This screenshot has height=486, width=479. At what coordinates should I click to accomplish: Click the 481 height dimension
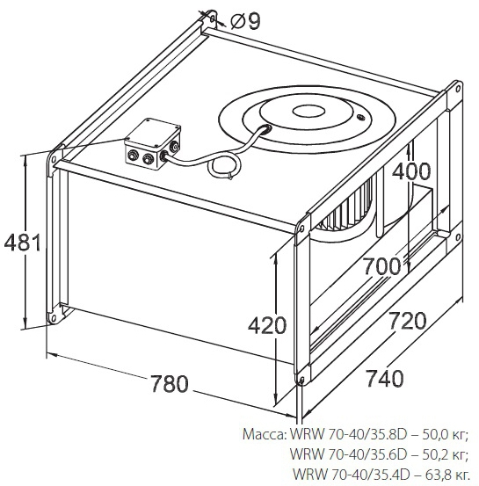click(22, 243)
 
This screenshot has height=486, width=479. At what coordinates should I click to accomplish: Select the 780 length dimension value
click(170, 383)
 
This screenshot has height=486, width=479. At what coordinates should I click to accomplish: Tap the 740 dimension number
click(385, 378)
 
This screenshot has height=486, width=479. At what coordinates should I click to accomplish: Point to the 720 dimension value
click(408, 321)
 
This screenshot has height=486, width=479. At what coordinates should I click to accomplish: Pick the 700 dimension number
click(382, 266)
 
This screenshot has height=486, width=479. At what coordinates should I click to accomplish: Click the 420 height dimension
click(266, 325)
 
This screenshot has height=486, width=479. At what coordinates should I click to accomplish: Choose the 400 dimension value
click(411, 171)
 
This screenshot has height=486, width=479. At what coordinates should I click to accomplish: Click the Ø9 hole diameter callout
click(245, 21)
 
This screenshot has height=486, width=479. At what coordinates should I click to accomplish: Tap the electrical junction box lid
click(153, 133)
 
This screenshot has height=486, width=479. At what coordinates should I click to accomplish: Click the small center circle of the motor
click(308, 112)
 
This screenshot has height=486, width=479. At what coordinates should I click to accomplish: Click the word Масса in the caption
click(265, 434)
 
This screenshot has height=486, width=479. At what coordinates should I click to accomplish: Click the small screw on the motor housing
click(360, 118)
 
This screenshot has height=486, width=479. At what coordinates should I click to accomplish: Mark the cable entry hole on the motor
click(265, 127)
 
